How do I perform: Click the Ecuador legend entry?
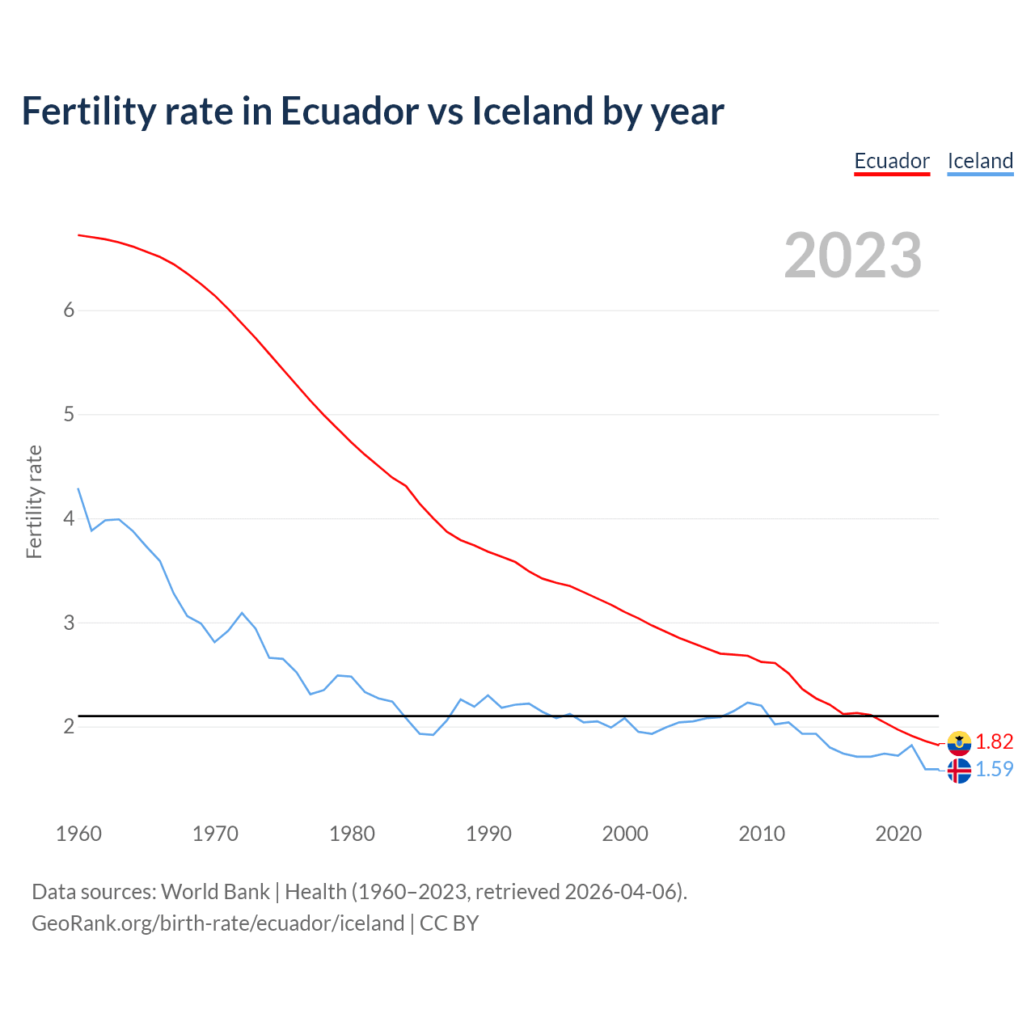[892, 161]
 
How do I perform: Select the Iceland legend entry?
[980, 161]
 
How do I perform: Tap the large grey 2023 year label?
[852, 256]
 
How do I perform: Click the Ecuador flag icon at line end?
[959, 742]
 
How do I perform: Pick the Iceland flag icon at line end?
[959, 771]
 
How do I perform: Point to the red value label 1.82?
[994, 741]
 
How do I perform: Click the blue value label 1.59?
[994, 769]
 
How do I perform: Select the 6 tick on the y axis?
[69, 310]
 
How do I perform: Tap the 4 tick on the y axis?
[69, 518]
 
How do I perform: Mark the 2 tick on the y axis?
[69, 726]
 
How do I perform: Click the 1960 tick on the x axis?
[78, 834]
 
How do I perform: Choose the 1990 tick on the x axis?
[488, 834]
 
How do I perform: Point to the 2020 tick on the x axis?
[898, 834]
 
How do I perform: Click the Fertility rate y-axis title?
[34, 501]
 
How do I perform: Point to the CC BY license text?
[450, 923]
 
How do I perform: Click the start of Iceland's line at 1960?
[78, 489]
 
